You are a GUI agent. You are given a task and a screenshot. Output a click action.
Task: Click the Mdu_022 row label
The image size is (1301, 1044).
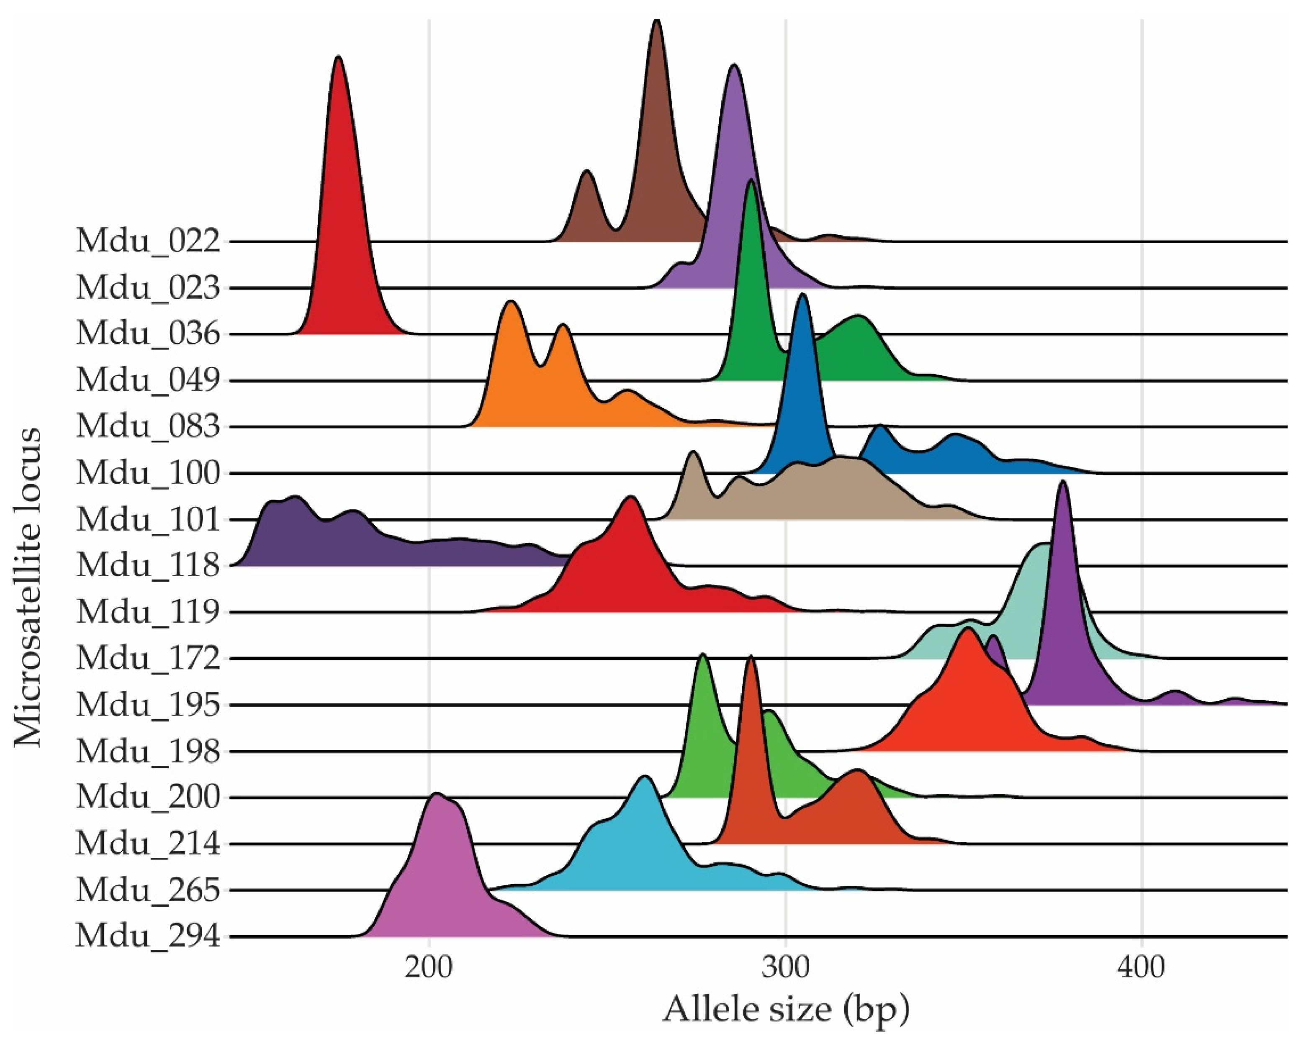[148, 241]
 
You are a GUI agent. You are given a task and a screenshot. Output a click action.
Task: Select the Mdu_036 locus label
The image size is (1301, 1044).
[148, 333]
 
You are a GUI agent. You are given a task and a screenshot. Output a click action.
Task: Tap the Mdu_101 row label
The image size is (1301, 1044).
[148, 519]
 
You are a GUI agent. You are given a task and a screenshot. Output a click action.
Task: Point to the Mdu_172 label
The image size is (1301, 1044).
[148, 658]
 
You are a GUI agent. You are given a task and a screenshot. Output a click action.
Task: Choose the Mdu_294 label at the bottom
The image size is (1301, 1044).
[148, 936]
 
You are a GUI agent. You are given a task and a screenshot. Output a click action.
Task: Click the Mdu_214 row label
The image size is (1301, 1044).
[148, 843]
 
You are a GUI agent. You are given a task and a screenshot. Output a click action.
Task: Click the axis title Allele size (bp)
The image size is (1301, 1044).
[786, 1009]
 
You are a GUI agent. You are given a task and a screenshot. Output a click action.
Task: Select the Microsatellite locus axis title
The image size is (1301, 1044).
[29, 588]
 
